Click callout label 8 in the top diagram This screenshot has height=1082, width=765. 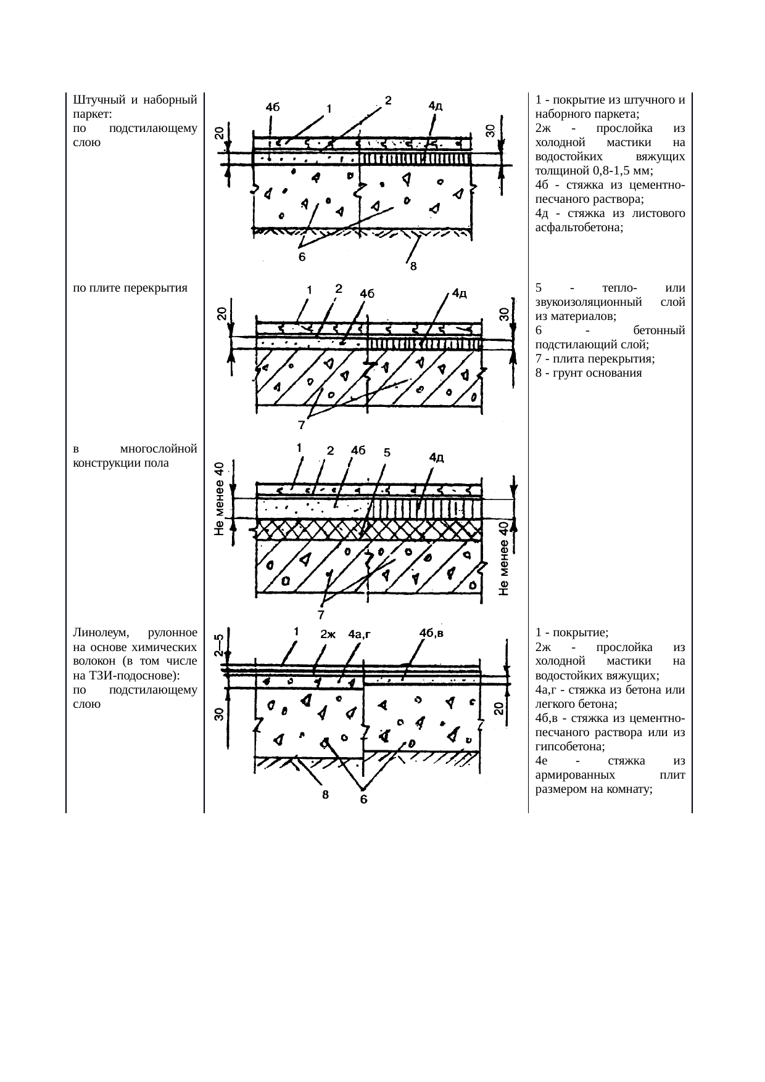[413, 267]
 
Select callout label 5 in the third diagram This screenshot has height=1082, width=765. [386, 452]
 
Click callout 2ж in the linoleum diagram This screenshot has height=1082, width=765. [328, 634]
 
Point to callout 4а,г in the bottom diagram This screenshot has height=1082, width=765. [363, 634]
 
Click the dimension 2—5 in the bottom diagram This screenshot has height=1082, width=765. [219, 646]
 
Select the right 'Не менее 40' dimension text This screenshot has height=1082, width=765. [503, 559]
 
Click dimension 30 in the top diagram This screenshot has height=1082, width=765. [489, 130]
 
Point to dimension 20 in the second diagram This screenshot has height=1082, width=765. [221, 314]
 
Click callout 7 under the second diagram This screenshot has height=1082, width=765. [302, 424]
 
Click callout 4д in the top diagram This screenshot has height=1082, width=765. [436, 105]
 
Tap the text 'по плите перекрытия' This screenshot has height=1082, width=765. [130, 288]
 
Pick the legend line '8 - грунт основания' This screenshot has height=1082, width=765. [589, 373]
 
